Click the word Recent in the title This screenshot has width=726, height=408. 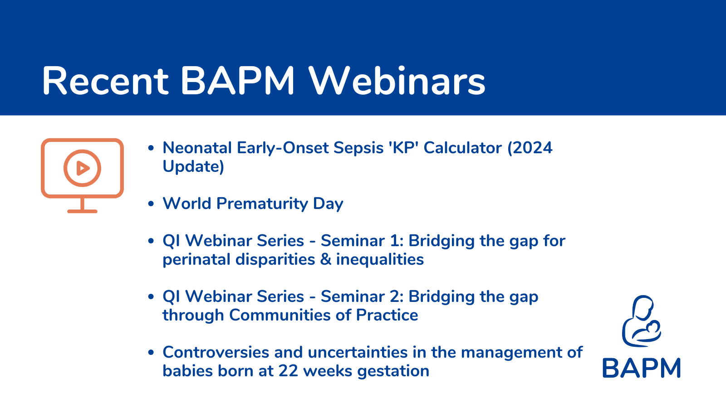(105, 81)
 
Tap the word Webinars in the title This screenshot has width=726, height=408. (397, 81)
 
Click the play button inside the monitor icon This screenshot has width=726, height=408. (82, 168)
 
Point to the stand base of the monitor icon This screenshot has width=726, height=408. (82, 211)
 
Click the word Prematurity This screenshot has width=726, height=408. (262, 204)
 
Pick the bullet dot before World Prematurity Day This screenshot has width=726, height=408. (151, 204)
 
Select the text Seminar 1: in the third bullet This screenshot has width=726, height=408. (362, 241)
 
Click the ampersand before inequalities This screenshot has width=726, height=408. (325, 259)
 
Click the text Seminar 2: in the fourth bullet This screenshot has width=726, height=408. (362, 296)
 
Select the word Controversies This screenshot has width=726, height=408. (216, 352)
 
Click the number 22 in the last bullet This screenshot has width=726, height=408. (288, 371)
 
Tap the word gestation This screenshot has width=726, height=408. (393, 371)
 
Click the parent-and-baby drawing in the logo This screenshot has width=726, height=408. (642, 321)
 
